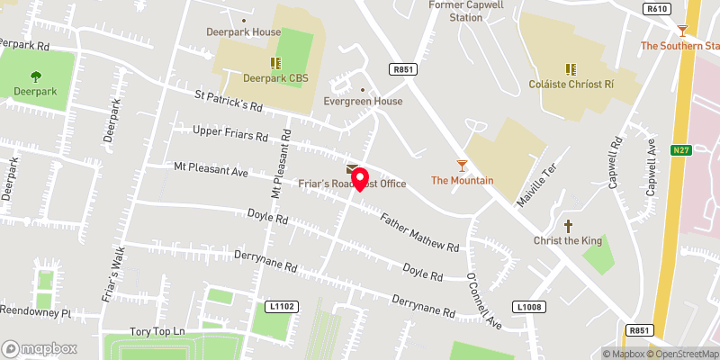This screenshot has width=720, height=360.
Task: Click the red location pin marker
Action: (x=358, y=177)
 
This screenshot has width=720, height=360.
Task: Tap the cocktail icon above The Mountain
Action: (x=462, y=165)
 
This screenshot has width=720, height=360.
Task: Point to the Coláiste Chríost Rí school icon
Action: (x=570, y=68)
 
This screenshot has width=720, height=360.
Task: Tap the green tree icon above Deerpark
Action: (x=36, y=76)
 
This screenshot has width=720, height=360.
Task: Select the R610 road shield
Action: (x=658, y=9)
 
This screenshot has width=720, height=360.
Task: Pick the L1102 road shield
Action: (x=282, y=307)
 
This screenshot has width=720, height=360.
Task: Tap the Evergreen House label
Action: (x=363, y=102)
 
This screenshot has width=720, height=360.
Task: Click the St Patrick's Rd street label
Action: (x=229, y=101)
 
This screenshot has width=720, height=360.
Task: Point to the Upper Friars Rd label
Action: (x=231, y=135)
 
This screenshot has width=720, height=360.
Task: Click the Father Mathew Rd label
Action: (x=419, y=232)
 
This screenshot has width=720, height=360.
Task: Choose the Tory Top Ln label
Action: (x=157, y=332)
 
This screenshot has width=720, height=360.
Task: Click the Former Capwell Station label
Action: (x=466, y=12)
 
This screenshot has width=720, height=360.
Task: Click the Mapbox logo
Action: (x=40, y=348)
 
